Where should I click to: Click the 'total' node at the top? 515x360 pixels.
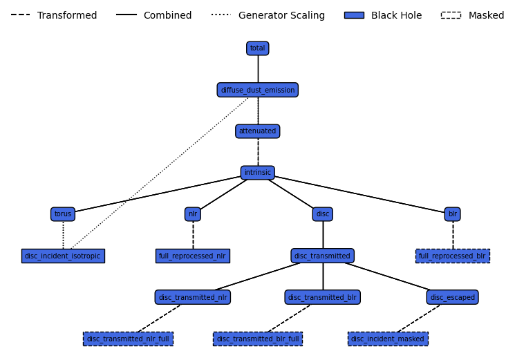click(257, 48)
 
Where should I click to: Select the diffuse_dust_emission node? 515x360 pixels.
click(257, 90)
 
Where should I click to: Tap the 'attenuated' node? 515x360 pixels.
click(257, 131)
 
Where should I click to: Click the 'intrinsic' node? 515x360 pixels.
click(257, 173)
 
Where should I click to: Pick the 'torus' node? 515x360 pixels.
click(63, 214)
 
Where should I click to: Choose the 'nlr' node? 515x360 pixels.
click(193, 214)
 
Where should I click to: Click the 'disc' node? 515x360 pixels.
click(322, 214)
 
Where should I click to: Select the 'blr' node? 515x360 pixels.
click(452, 214)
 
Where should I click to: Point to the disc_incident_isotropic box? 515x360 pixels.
click(63, 256)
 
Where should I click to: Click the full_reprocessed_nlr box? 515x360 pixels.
click(193, 256)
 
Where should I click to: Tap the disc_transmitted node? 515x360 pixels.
click(322, 256)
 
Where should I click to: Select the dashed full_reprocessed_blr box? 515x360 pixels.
click(452, 256)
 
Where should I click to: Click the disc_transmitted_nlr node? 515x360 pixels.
click(193, 297)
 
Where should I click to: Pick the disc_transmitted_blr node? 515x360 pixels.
click(322, 297)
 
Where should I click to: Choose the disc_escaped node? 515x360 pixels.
click(452, 297)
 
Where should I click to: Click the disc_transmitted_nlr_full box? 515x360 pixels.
click(128, 339)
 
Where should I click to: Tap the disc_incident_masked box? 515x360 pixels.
click(387, 339)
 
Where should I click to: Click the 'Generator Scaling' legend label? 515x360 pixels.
click(281, 15)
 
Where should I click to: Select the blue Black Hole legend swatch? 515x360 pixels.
click(354, 15)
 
